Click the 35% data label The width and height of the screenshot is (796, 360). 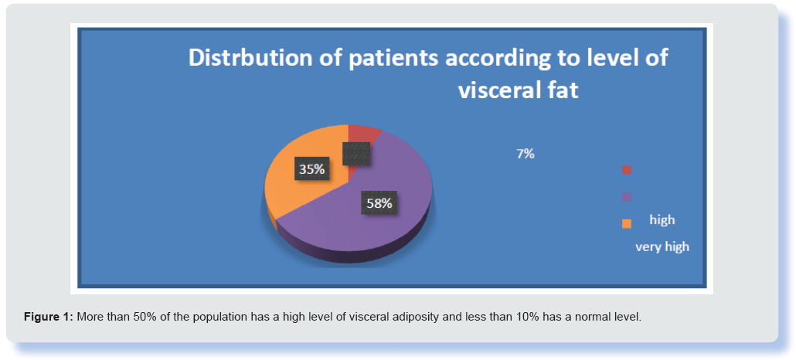(311, 169)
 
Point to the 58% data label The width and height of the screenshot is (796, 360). (379, 202)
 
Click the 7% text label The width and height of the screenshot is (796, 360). (526, 155)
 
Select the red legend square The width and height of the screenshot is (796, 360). (627, 170)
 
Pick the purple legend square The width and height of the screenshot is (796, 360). (627, 197)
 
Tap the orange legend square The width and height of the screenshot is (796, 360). (627, 223)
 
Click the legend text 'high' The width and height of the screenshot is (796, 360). (662, 220)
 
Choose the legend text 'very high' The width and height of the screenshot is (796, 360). (662, 246)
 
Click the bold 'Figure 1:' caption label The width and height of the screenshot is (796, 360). (49, 318)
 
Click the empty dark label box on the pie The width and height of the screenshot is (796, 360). (355, 153)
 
